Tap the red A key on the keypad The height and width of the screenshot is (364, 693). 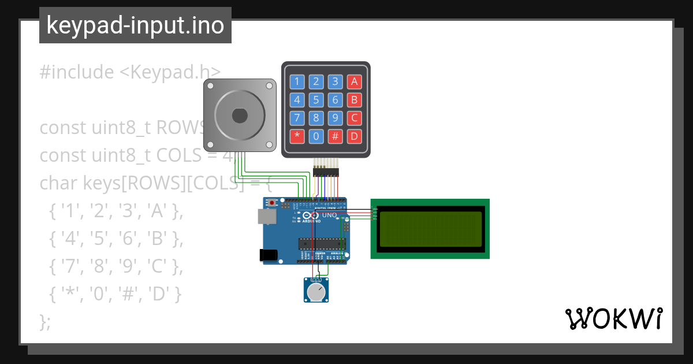point(355,81)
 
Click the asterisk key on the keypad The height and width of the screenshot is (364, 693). point(297,137)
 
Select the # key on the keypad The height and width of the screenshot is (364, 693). point(335,137)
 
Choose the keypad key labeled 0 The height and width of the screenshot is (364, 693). point(316,137)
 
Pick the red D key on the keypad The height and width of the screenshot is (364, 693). point(355,137)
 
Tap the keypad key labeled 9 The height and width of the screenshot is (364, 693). point(335,118)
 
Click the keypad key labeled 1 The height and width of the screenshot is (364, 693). point(297,81)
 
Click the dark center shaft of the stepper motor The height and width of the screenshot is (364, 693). point(240,116)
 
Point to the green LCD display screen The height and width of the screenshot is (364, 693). point(430,228)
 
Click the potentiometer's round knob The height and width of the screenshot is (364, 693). point(315,292)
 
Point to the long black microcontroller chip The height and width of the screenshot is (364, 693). point(322,243)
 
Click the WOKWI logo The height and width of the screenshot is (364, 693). point(613,318)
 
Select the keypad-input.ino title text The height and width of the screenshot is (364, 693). point(135,25)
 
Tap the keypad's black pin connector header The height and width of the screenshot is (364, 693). point(326,172)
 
